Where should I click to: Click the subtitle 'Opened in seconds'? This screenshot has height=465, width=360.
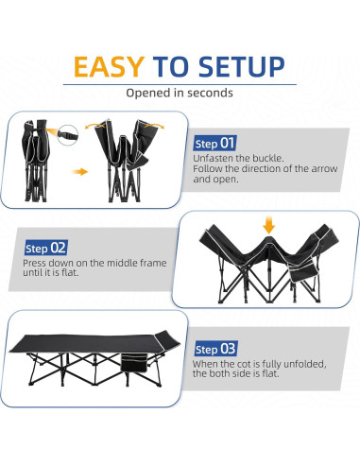(x=179, y=94)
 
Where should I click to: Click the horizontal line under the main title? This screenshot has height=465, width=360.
(x=179, y=83)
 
